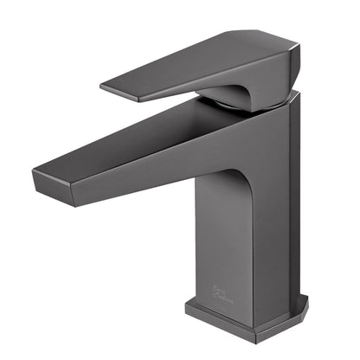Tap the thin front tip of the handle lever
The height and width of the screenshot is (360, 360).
104,87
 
